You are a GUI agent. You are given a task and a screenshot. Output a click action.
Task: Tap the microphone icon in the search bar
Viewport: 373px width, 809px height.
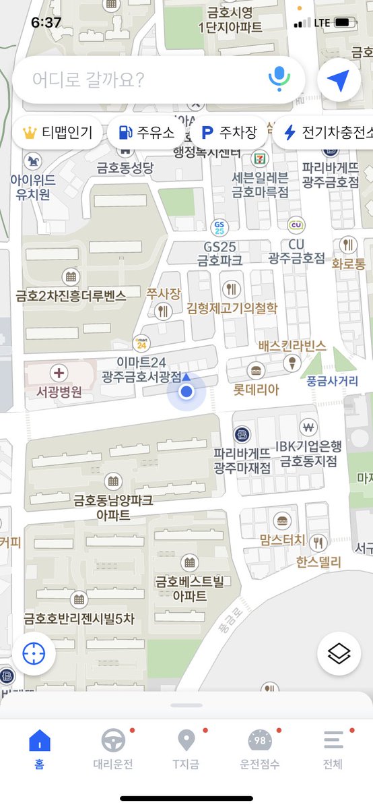click(279, 80)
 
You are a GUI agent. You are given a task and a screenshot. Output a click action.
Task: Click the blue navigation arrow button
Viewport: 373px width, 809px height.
click(339, 80)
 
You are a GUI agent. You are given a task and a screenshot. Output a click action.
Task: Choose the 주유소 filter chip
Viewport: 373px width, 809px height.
click(145, 132)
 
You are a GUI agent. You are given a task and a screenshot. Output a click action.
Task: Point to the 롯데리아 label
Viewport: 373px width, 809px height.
click(256, 389)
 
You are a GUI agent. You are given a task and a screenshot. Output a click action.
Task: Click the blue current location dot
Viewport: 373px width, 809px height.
click(187, 391)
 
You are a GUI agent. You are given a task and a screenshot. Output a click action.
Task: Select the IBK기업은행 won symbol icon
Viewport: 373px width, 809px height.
click(309, 427)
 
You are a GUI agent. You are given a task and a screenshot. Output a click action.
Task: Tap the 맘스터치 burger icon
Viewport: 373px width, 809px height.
click(282, 520)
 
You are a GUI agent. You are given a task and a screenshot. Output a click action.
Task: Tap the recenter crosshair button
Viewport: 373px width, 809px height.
click(34, 653)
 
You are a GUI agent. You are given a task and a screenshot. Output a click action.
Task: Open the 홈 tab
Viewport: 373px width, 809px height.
click(40, 748)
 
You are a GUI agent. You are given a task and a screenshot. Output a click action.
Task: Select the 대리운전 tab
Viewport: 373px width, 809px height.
click(113, 748)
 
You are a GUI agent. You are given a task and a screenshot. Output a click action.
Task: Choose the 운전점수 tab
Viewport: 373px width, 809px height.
click(260, 748)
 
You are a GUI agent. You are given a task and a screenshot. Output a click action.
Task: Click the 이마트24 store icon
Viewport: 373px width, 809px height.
click(141, 342)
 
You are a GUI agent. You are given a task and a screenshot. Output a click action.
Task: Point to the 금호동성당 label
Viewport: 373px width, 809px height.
click(125, 168)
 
